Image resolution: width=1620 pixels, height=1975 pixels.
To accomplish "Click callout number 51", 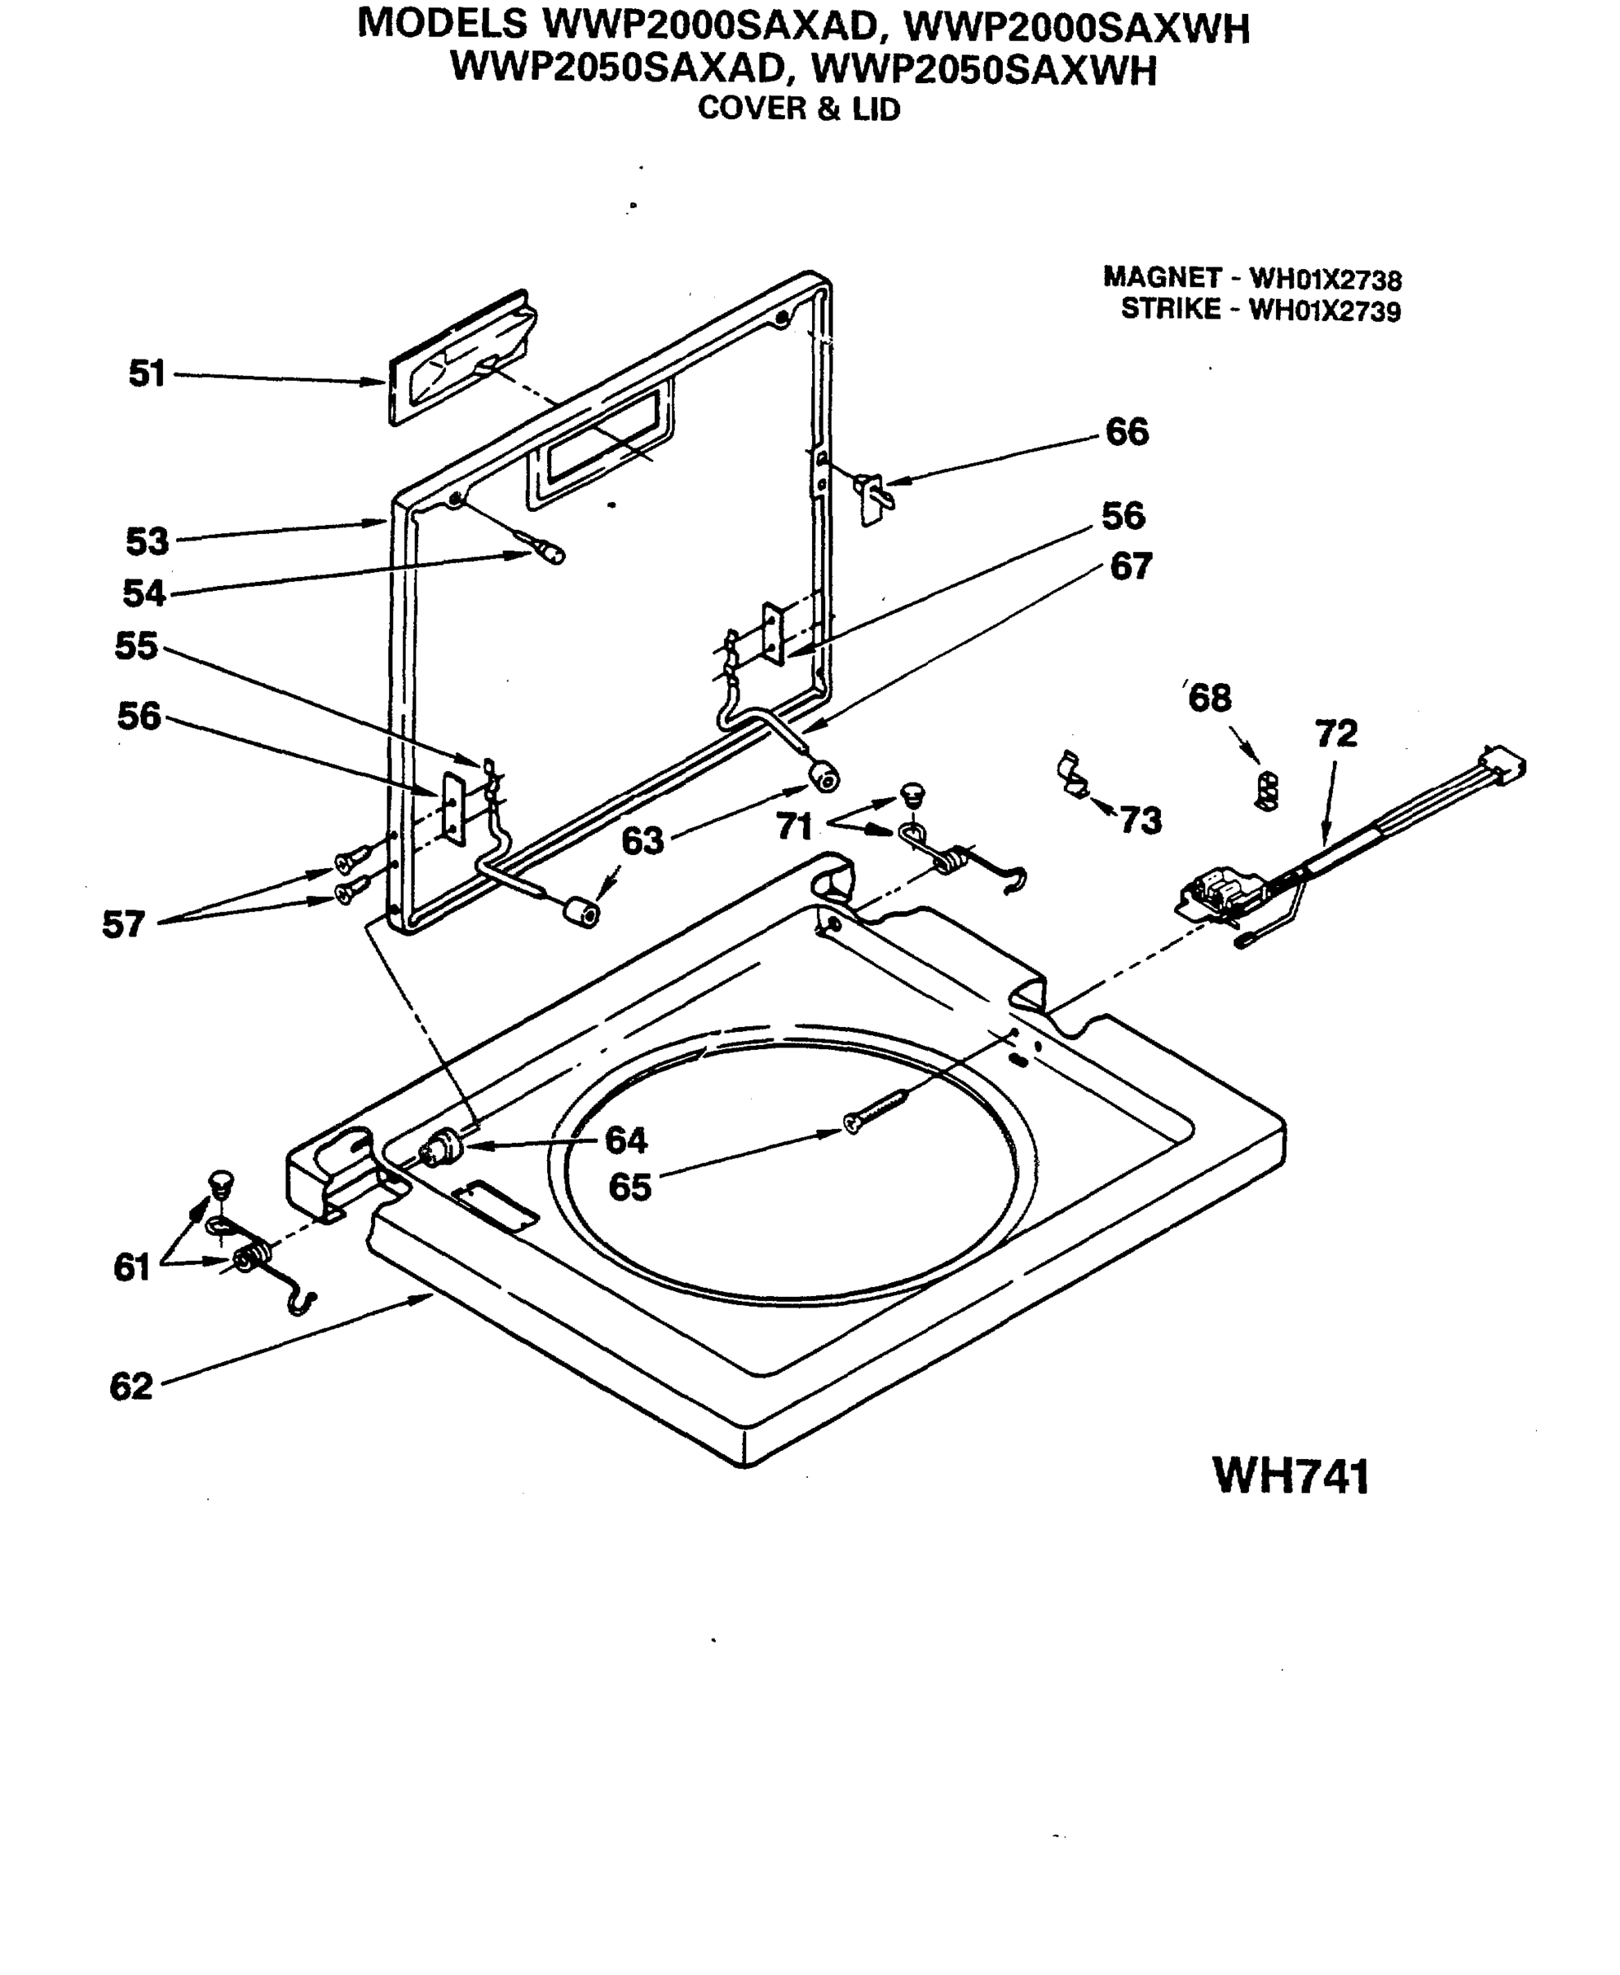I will tap(146, 374).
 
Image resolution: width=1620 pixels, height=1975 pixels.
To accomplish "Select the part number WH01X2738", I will tap(1325, 279).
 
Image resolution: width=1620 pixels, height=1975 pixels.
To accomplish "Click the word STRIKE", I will tap(1170, 309).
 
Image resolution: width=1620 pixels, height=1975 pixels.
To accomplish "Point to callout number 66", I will tap(1126, 432).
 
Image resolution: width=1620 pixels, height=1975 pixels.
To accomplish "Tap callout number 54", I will tap(144, 592).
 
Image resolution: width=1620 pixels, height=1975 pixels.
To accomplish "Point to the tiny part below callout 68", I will tap(1266, 790).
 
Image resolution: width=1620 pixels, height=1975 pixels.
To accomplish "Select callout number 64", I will tap(625, 1140).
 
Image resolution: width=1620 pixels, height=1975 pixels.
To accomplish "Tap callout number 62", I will tap(131, 1386).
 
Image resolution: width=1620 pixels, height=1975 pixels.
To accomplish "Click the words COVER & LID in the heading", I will tap(799, 109).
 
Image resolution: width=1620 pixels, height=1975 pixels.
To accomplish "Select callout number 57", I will tap(123, 924).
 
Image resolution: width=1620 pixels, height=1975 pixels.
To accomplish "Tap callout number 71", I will tap(793, 826).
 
